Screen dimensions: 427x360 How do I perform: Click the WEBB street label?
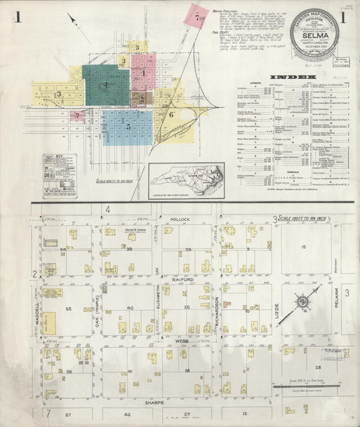pyautogui.click(x=181, y=341)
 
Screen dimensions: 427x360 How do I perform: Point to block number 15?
pyautogui.click(x=303, y=247)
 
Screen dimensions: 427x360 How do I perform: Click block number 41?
pyautogui.click(x=128, y=371)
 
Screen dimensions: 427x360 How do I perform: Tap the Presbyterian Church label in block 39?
pyautogui.click(x=117, y=231)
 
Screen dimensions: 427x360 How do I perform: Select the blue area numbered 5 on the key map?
pyautogui.click(x=127, y=126)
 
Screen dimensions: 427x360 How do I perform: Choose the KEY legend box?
pyautogui.click(x=59, y=175)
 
